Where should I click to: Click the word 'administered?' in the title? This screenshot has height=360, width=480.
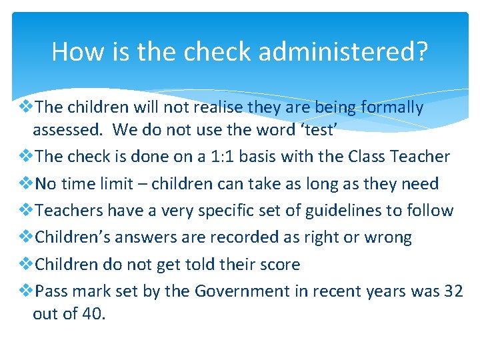pyautogui.click(x=345, y=51)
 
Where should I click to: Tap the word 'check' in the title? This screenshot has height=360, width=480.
pyautogui.click(x=215, y=51)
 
